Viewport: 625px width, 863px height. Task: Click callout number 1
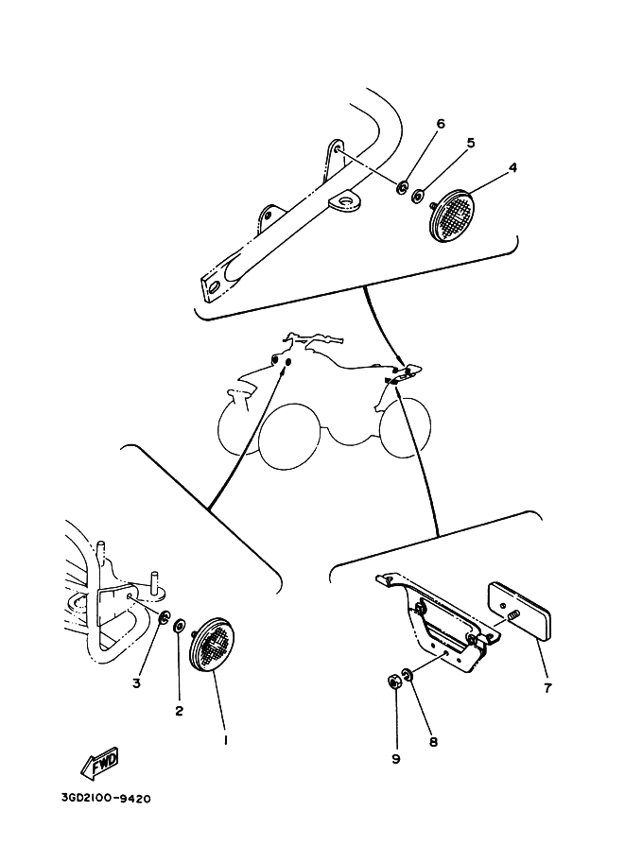click(x=225, y=740)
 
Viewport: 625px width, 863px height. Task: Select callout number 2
click(x=179, y=711)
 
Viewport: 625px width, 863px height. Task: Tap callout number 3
click(x=136, y=683)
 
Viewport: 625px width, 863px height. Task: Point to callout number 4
click(x=512, y=166)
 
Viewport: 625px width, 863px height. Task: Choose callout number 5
click(x=470, y=143)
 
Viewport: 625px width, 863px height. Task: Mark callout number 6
click(x=440, y=124)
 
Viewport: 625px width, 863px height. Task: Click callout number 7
click(x=547, y=687)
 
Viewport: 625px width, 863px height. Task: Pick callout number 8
click(x=433, y=742)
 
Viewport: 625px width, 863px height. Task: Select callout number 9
click(x=396, y=759)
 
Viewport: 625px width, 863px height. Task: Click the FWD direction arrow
click(x=99, y=764)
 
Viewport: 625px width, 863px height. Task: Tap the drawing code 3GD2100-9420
click(x=106, y=798)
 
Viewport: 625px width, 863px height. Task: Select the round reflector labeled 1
click(x=212, y=644)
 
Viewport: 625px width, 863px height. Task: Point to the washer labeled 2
click(x=180, y=627)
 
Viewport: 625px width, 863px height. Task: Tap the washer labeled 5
click(x=418, y=195)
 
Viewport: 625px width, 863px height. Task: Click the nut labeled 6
click(x=402, y=188)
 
